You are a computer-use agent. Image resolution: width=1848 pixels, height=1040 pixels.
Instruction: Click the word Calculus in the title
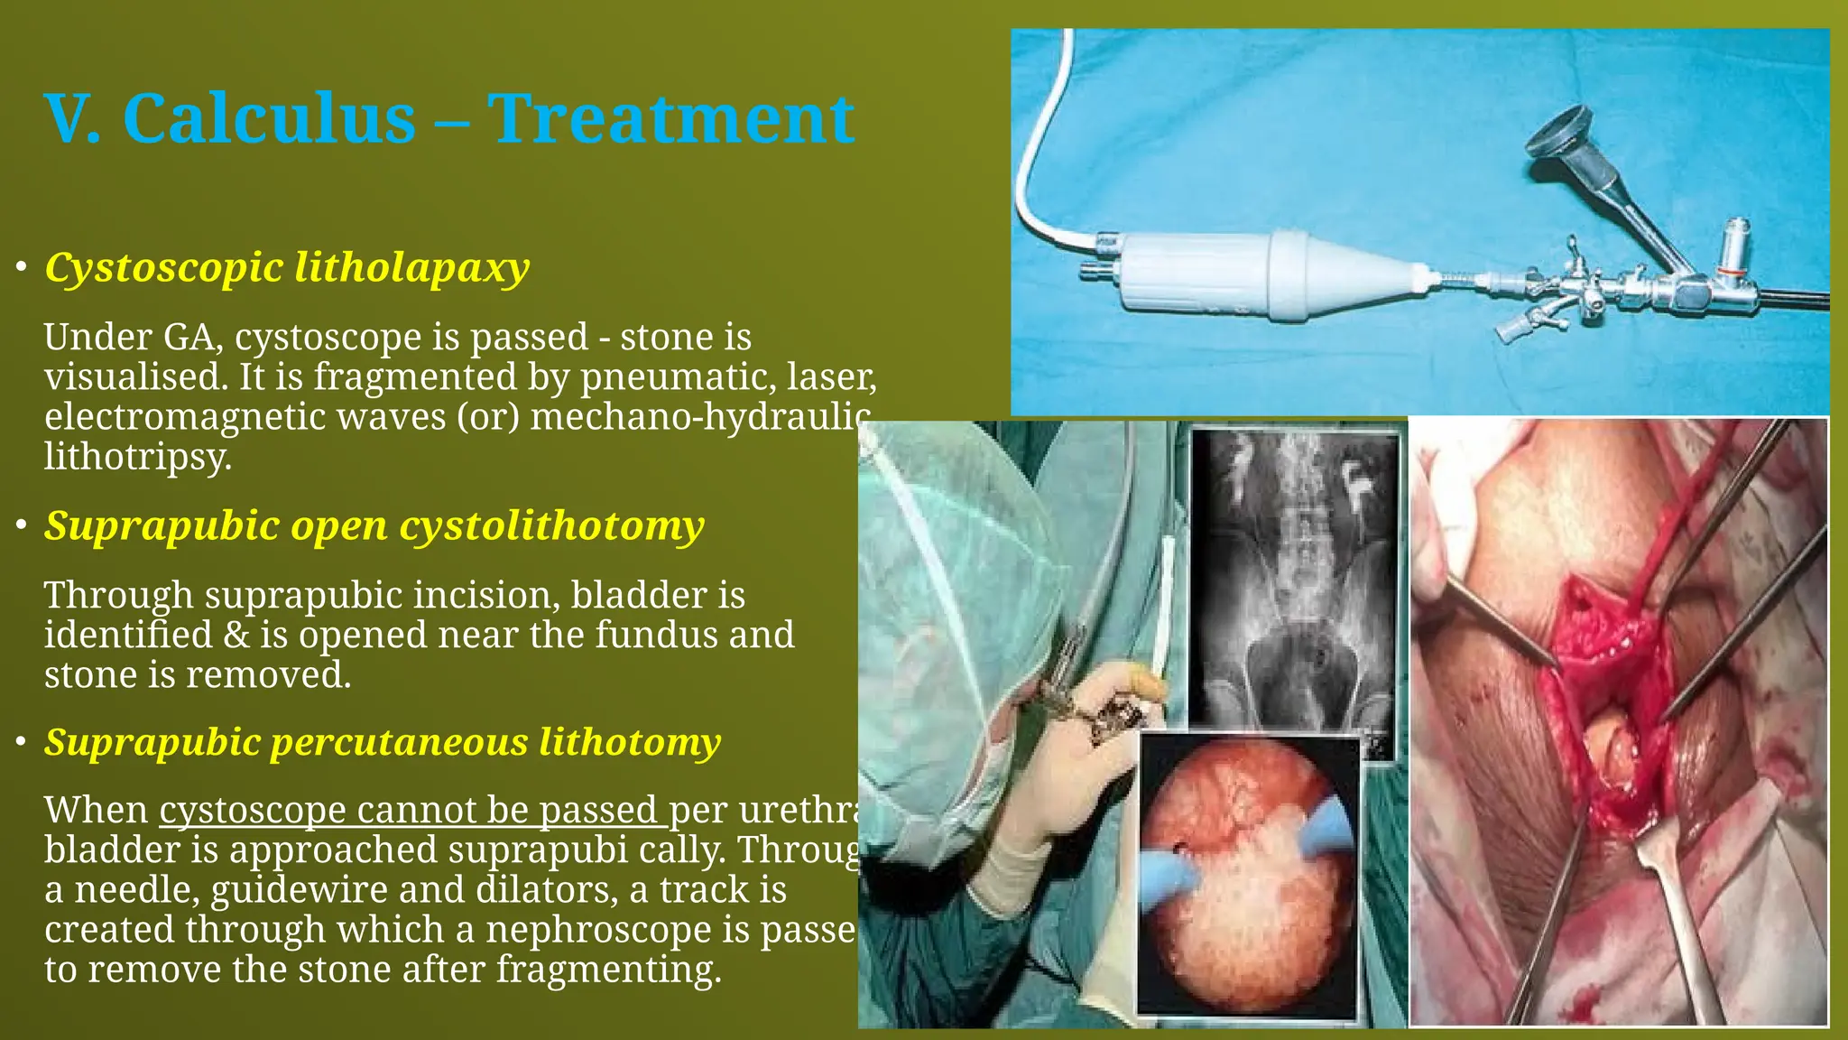point(269,119)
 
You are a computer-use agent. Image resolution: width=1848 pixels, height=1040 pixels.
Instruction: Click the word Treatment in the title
point(670,119)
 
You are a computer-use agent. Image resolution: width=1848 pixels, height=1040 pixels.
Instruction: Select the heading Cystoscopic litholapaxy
point(287,268)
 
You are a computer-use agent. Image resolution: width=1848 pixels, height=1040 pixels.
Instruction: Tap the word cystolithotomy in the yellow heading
point(551,526)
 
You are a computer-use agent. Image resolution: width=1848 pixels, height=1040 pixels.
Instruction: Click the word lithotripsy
point(137,457)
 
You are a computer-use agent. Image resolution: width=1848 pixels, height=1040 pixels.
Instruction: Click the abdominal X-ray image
point(1295,587)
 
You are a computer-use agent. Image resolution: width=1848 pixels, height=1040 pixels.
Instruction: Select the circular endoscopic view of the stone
point(1248,876)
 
